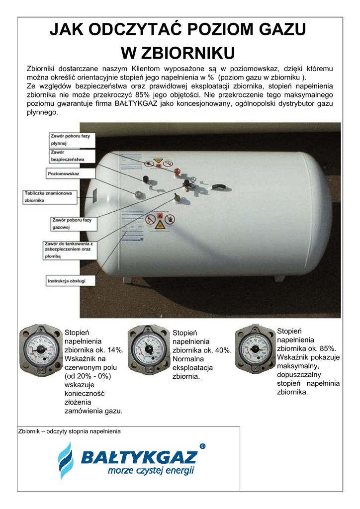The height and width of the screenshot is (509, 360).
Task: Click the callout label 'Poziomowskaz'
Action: [64, 173]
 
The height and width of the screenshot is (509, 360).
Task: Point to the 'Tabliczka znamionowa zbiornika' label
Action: [49, 196]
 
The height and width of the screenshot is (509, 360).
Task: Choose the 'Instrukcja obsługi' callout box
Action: [66, 281]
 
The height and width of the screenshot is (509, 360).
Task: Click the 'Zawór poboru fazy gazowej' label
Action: [72, 223]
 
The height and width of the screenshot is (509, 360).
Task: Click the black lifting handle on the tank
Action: [218, 187]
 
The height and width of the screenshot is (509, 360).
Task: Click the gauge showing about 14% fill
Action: [40, 349]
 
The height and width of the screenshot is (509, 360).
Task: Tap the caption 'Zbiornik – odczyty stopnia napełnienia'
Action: [69, 431]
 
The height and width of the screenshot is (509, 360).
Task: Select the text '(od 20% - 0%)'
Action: [88, 376]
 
